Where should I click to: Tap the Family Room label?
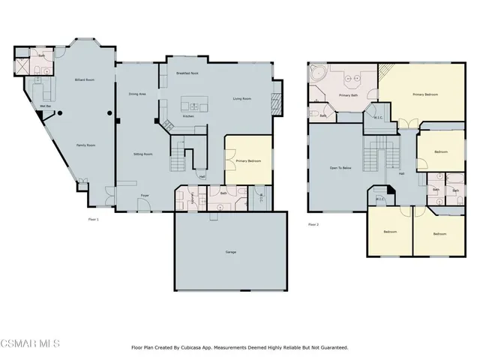pos(85,145)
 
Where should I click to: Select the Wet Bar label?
pos(46,106)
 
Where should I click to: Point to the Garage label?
pos(231,252)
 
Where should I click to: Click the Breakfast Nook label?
pos(187,73)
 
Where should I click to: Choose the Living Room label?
pos(241,98)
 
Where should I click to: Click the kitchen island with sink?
pos(197,106)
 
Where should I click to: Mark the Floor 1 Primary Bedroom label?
pos(247,160)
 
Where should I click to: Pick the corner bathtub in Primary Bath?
pos(318,76)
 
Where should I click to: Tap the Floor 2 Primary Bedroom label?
pos(425,94)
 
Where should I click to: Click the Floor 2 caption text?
pos(313,223)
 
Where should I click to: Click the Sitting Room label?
pos(143,153)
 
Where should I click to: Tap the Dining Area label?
pos(137,94)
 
